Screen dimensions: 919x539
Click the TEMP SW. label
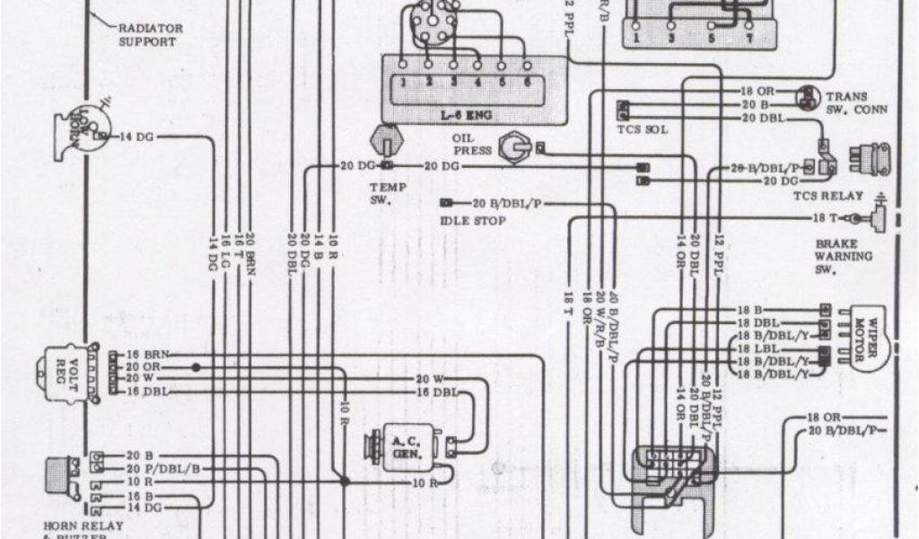389,192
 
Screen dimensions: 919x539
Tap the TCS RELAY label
827,196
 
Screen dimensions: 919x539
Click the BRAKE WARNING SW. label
843,256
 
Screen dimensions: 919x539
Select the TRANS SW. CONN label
856,103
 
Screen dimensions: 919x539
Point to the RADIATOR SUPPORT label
151,35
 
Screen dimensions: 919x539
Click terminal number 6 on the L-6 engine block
528,82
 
